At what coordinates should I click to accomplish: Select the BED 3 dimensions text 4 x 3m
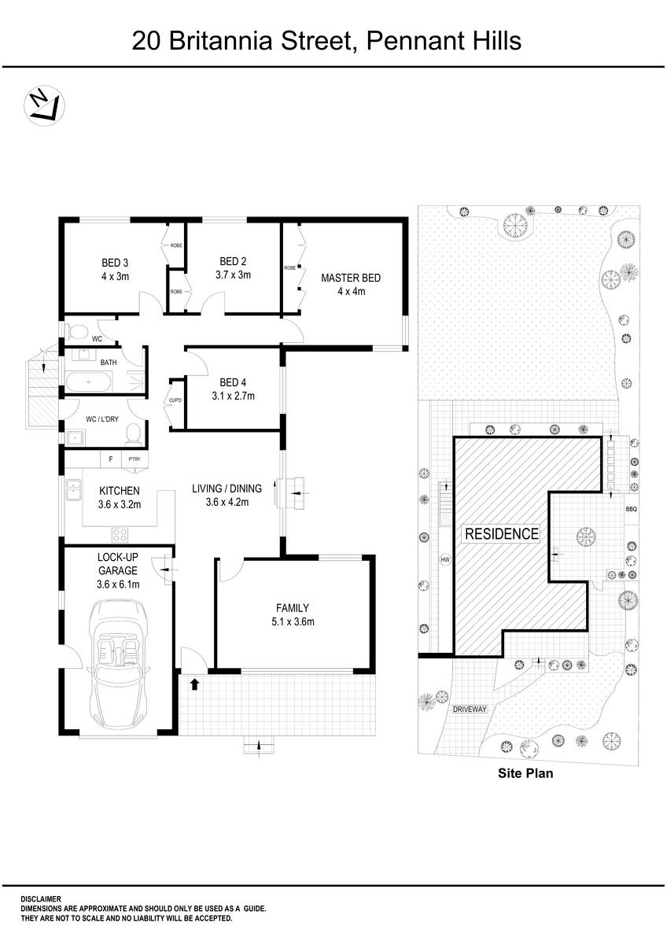coord(115,275)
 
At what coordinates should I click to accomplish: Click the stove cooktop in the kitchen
coord(121,535)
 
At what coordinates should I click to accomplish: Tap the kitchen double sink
coord(73,491)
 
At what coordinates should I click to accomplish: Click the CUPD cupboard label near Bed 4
coord(175,400)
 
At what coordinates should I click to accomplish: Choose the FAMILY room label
coord(292,608)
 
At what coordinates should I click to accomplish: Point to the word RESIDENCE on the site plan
coord(502,534)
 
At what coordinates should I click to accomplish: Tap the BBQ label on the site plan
coord(630,509)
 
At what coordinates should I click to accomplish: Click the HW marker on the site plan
coord(445,560)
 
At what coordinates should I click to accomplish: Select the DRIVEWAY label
coord(470,709)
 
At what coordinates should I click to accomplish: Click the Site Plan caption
coord(525,773)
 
